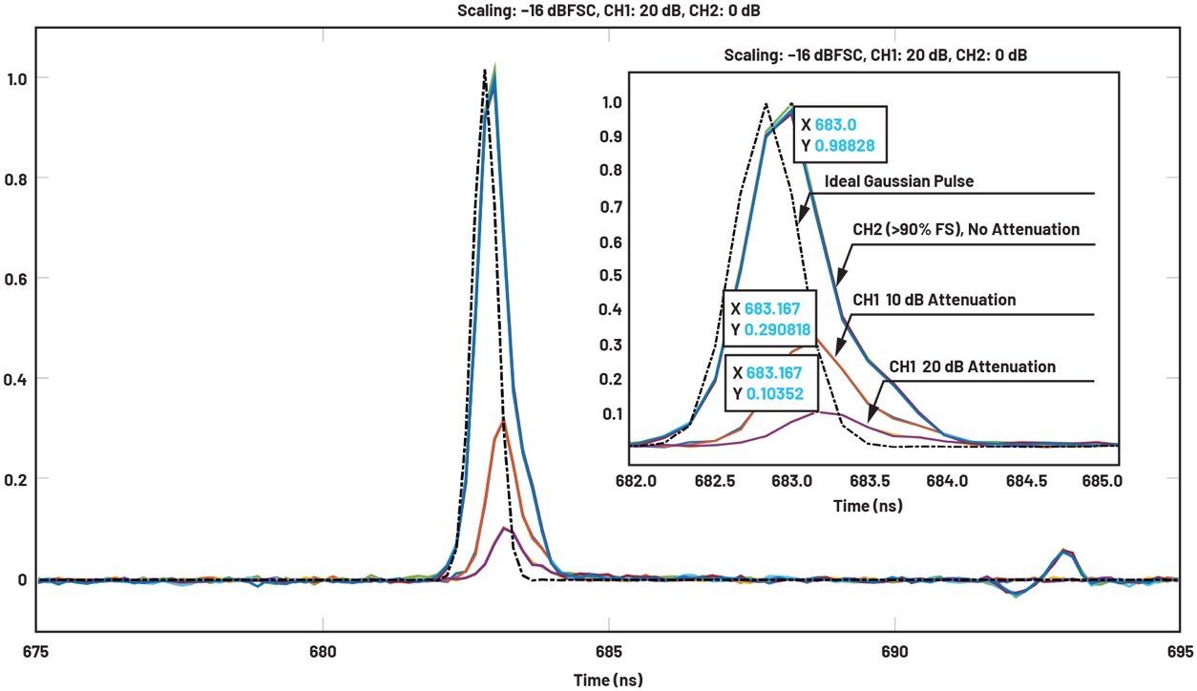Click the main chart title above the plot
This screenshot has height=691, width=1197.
598,11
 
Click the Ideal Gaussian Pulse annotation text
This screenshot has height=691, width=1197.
900,180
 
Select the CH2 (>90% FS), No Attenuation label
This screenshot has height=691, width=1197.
966,229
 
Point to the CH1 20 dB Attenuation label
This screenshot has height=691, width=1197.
972,366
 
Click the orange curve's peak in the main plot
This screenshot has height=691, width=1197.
502,419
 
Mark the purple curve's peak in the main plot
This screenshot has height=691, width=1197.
505,528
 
